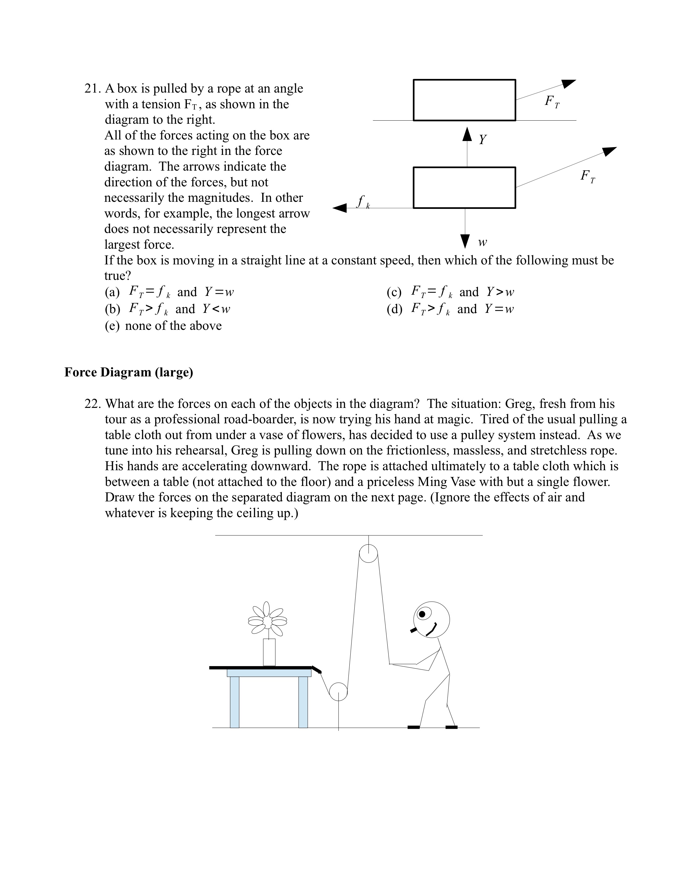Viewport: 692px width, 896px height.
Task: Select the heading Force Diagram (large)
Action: click(x=128, y=372)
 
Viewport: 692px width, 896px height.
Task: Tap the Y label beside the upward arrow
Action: click(x=483, y=139)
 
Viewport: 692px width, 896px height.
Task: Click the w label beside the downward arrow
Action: click(x=483, y=243)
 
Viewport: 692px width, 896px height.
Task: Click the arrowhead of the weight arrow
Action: click(x=465, y=241)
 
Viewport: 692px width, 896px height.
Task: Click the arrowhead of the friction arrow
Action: click(x=340, y=208)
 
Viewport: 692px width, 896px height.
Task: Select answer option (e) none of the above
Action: click(x=163, y=326)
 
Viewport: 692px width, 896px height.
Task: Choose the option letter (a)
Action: click(x=112, y=292)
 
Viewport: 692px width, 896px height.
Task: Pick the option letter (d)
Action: click(x=394, y=309)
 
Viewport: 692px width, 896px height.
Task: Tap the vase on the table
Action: click(x=269, y=652)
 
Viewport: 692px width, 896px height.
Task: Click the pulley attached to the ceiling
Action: click(x=368, y=554)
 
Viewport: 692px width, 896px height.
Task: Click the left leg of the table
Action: click(x=234, y=702)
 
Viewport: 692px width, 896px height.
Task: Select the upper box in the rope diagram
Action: click(x=464, y=100)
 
